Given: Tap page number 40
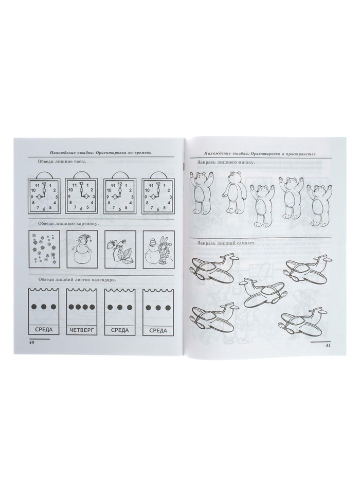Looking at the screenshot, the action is pyautogui.click(x=31, y=343).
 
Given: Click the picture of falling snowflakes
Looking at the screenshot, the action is pyautogui.click(x=44, y=248).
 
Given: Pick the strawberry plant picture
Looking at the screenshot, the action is pyautogui.click(x=120, y=248).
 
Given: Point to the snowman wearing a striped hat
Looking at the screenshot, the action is pyautogui.click(x=82, y=248).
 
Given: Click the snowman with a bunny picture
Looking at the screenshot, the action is pyautogui.click(x=158, y=248).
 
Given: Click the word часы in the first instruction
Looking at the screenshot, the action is pyautogui.click(x=79, y=162).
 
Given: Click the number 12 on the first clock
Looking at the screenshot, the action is pyautogui.click(x=44, y=184).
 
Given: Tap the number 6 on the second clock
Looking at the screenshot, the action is pyautogui.click(x=81, y=209).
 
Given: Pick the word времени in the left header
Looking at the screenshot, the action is pyautogui.click(x=142, y=152).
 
